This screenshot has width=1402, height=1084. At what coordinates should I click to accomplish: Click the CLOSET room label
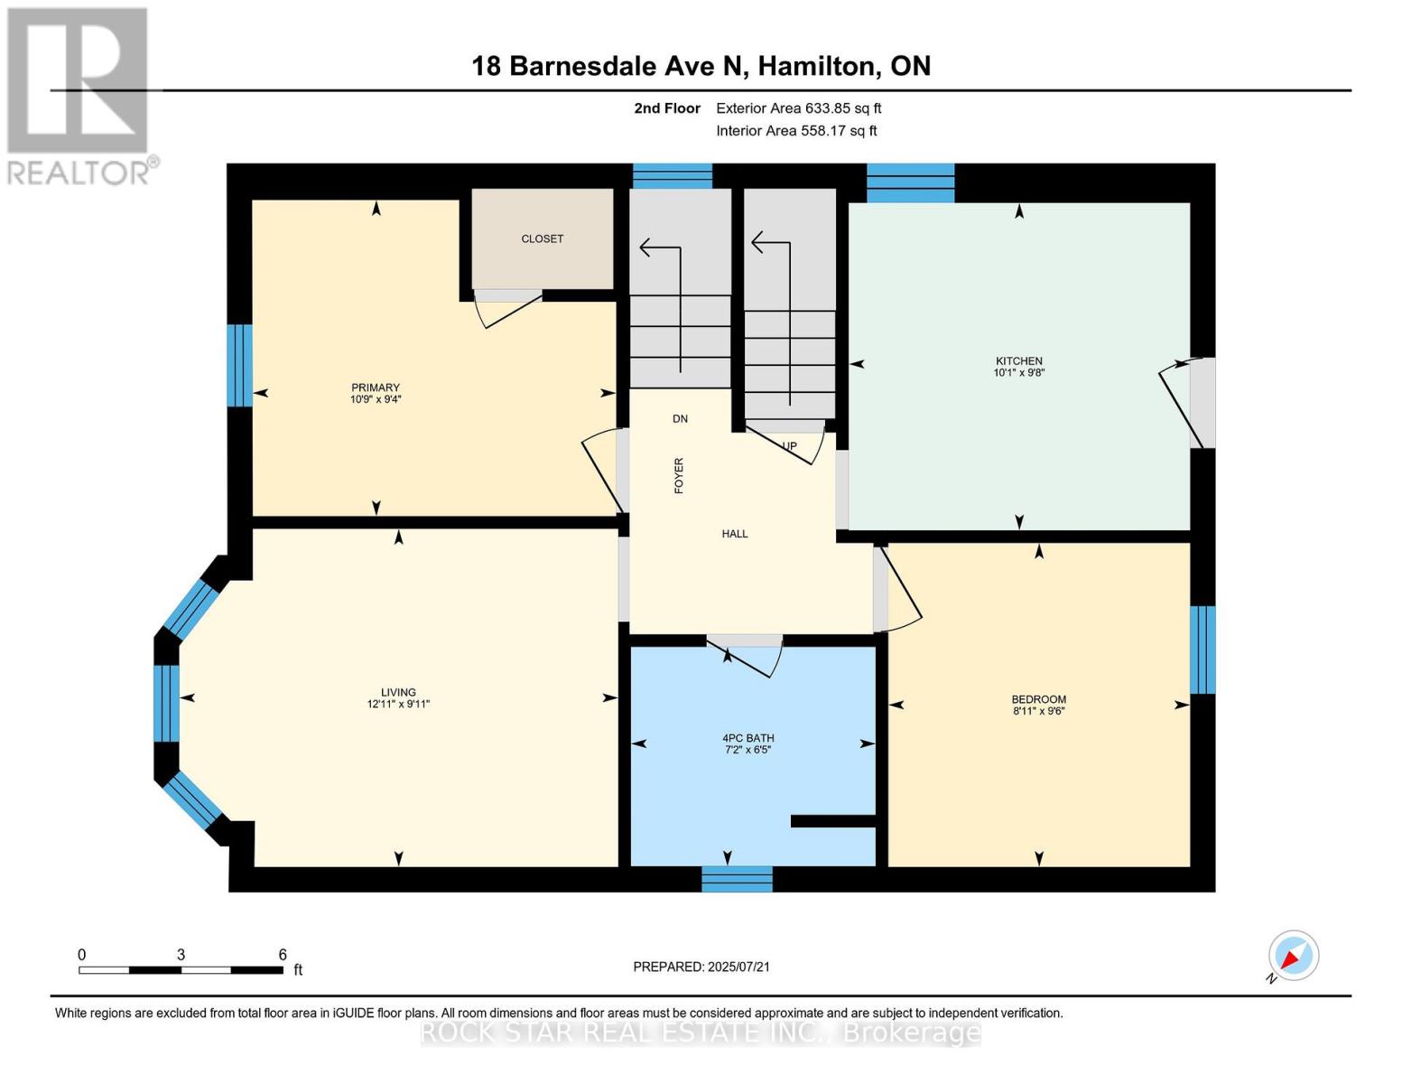click(542, 238)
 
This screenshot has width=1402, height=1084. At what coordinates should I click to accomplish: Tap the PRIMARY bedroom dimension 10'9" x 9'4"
click(376, 399)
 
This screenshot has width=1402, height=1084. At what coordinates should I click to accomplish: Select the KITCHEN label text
click(1019, 361)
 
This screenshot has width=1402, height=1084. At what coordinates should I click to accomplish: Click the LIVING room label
click(398, 693)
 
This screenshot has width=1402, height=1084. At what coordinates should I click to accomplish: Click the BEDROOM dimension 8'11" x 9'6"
click(1038, 711)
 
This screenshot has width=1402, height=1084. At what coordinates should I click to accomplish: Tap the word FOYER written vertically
click(679, 475)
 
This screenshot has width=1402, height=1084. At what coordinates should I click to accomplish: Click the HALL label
click(735, 534)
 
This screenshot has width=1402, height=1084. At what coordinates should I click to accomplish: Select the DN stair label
click(680, 418)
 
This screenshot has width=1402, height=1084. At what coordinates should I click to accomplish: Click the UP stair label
click(790, 445)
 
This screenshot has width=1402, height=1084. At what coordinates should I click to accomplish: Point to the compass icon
click(1293, 956)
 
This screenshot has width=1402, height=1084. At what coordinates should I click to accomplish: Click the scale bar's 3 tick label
click(181, 955)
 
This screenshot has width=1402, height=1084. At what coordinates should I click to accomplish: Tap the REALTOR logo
click(79, 95)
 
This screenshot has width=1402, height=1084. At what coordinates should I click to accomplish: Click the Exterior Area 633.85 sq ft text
click(798, 108)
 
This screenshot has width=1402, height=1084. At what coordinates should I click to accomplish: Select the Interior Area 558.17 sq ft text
click(796, 131)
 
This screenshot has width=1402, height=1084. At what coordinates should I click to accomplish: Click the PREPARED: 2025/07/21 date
click(701, 967)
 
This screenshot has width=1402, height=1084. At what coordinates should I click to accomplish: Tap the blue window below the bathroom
click(737, 878)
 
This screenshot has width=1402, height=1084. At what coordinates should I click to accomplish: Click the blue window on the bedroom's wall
click(1202, 649)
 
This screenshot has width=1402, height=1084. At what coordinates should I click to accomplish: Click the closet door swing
click(507, 307)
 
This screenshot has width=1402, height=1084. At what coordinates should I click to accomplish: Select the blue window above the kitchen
click(910, 182)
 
